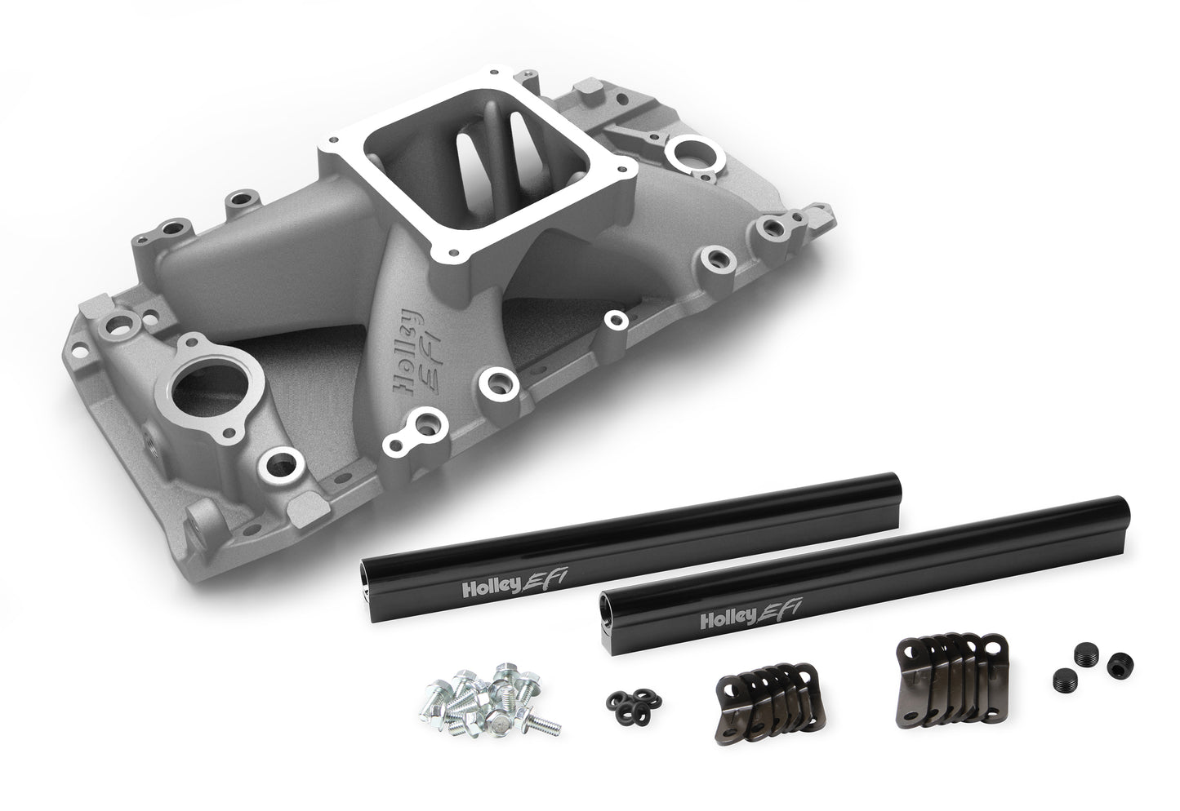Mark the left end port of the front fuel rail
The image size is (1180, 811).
click(x=606, y=605)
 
